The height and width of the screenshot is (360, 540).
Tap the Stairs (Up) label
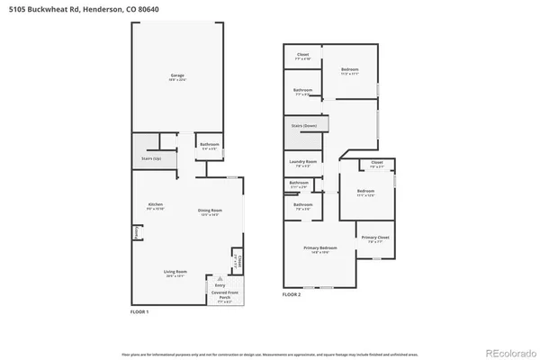click(x=151, y=158)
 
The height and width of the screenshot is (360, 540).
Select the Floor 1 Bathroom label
click(x=210, y=144)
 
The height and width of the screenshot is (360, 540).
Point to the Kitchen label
click(x=156, y=206)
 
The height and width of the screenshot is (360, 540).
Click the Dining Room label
click(x=210, y=211)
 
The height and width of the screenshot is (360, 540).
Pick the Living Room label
click(x=175, y=271)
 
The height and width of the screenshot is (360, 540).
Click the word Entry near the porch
click(x=220, y=284)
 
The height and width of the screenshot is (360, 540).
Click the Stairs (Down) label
click(x=303, y=125)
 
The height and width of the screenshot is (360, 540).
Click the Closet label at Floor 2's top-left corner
click(x=302, y=55)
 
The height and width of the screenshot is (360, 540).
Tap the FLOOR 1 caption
click(x=141, y=311)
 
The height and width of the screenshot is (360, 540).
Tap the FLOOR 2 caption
click(x=292, y=294)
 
